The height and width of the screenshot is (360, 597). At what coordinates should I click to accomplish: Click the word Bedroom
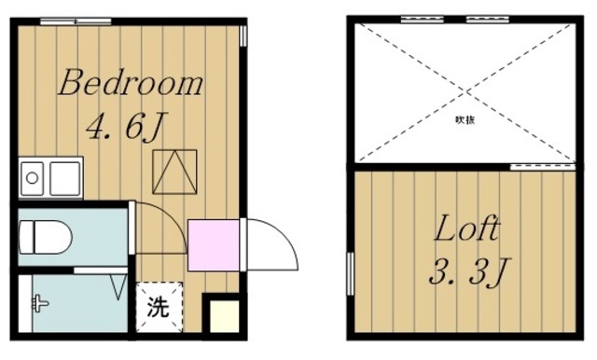click(130, 85)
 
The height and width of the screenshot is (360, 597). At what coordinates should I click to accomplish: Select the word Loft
click(465, 229)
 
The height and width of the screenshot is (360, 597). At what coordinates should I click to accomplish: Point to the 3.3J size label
click(466, 274)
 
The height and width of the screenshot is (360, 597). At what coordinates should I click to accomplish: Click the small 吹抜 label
click(465, 119)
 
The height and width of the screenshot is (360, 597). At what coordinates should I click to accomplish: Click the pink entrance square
click(213, 244)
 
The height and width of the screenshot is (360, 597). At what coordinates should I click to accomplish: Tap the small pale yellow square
click(224, 318)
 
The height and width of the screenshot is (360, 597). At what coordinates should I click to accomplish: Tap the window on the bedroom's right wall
click(243, 35)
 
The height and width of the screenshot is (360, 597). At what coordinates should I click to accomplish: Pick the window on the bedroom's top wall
click(70, 19)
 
